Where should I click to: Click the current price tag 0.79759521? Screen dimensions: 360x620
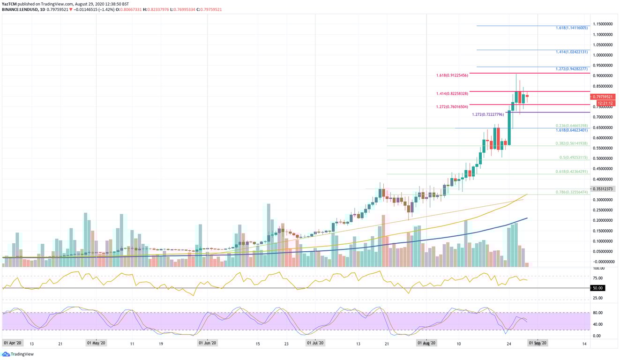[604, 96]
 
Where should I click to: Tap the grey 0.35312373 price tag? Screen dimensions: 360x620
[604, 189]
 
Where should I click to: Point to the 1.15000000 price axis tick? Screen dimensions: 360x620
[604, 24]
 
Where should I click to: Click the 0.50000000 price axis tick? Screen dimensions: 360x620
[604, 158]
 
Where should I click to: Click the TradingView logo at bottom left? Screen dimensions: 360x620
[19, 354]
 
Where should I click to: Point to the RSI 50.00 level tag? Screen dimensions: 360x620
[597, 288]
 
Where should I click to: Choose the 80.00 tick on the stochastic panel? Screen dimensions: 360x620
[597, 313]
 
